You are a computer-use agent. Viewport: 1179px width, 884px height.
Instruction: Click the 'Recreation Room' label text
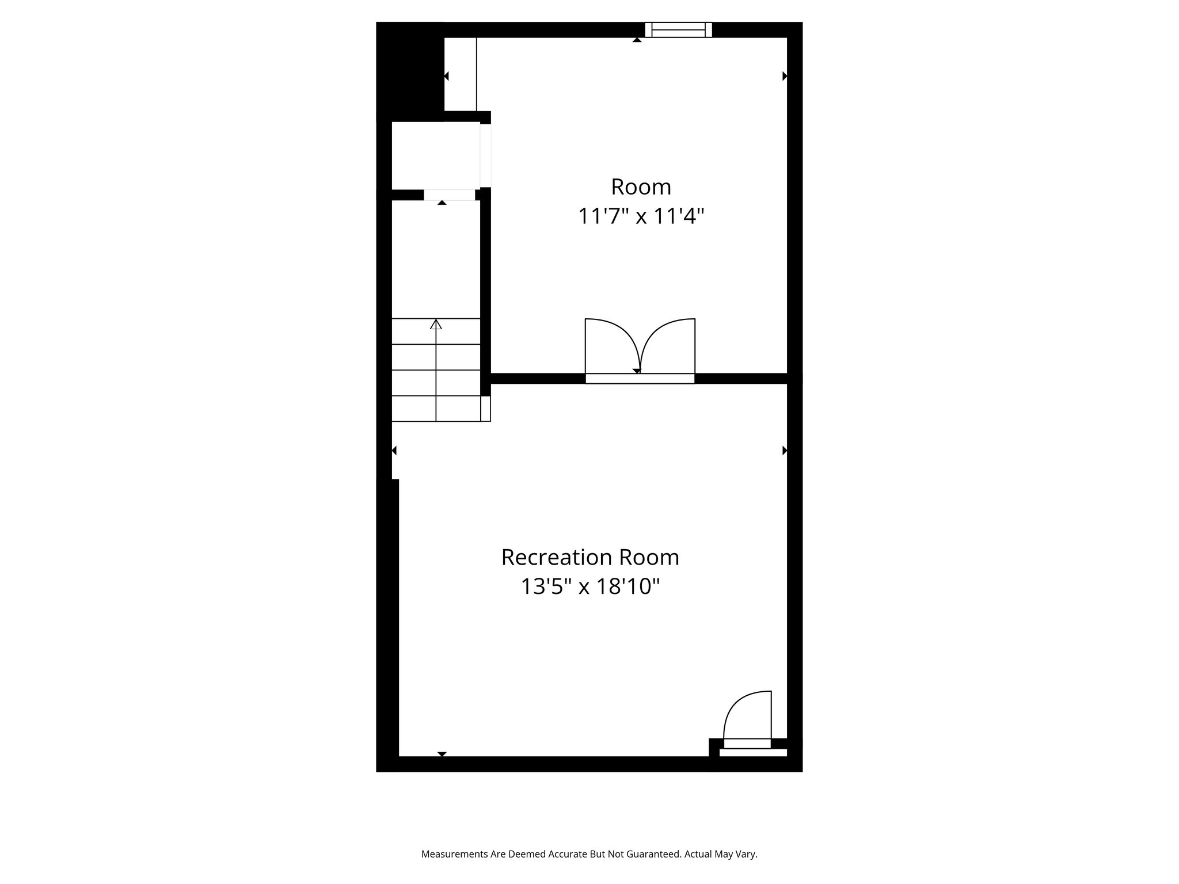(x=590, y=557)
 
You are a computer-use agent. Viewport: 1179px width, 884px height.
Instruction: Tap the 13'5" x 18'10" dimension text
(x=590, y=587)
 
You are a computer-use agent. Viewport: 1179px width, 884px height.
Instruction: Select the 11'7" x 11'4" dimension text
(x=641, y=217)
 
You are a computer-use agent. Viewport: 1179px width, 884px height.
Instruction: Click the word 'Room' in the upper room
(x=641, y=187)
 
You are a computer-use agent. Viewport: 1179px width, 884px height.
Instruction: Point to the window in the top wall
(x=678, y=30)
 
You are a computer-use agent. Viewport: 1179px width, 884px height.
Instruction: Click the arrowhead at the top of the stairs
(x=436, y=325)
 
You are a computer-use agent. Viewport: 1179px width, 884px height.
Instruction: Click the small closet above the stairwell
(x=436, y=155)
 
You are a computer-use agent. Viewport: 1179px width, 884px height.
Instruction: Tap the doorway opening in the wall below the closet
(x=450, y=195)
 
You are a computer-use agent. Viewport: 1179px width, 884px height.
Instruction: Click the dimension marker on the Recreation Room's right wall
(x=785, y=451)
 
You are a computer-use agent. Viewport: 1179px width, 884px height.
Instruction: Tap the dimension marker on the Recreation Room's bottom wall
(x=442, y=754)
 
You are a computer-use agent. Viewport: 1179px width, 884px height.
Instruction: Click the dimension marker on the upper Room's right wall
(x=785, y=76)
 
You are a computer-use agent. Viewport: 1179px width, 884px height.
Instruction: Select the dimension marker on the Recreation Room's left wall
(x=394, y=451)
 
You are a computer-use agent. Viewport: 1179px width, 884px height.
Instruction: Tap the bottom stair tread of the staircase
(x=436, y=409)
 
